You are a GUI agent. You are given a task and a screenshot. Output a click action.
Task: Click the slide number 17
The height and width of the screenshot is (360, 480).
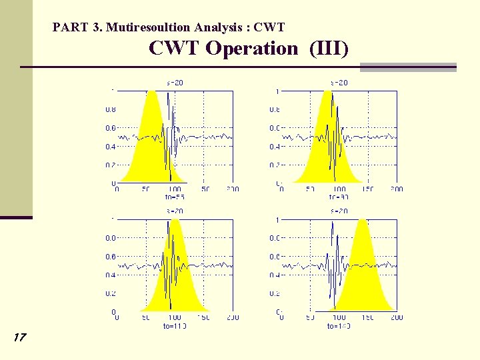pos(19,337)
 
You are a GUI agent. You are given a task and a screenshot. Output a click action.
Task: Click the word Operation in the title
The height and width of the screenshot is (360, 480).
pos(252,49)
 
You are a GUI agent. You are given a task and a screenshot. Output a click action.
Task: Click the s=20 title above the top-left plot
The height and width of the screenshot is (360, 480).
pos(175,83)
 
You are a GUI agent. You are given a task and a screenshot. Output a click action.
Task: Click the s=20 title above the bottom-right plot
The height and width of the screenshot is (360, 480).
pos(339,211)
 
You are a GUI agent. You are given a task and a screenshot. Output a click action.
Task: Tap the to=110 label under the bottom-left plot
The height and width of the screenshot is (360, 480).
pos(175,326)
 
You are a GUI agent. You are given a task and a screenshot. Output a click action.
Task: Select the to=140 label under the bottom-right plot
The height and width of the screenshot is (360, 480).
pos(339,326)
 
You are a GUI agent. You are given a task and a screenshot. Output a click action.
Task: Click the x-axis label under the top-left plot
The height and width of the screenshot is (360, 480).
pos(175,197)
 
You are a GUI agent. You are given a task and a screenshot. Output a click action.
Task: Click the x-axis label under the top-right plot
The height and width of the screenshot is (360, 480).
pos(339,197)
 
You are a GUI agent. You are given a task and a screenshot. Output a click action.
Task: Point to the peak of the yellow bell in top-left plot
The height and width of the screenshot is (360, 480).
pos(153,91)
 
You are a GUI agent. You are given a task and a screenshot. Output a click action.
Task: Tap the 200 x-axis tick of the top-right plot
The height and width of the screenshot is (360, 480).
pos(396,189)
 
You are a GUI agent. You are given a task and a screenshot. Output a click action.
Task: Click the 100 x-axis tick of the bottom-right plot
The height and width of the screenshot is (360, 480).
pos(339,318)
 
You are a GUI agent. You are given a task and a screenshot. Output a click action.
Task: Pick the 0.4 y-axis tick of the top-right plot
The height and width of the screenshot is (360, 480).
pos(274,147)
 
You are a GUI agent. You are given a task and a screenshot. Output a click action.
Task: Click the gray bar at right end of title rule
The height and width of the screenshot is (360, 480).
pos(408,67)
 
